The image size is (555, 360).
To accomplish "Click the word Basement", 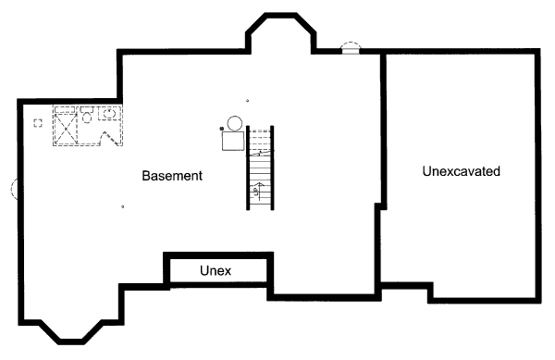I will click(x=172, y=175).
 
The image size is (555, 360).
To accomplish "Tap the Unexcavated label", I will click(x=461, y=171).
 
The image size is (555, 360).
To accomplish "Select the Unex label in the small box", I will click(x=215, y=270).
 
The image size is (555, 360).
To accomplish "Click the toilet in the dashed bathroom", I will click(x=86, y=115).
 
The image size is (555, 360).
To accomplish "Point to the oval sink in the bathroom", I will click(x=109, y=114).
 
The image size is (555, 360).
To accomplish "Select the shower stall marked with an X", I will click(x=67, y=126).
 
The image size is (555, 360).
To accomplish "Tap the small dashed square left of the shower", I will click(x=38, y=123).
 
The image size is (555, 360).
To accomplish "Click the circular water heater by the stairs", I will click(x=234, y=122).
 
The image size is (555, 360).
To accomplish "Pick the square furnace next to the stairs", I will click(x=232, y=141).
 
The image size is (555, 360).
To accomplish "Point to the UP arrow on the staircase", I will click(x=260, y=191).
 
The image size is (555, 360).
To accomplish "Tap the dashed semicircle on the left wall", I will click(x=14, y=189).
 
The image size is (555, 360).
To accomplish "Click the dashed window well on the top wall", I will click(x=351, y=46).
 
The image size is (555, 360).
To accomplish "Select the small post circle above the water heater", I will click(x=247, y=101).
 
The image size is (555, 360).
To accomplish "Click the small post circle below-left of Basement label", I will click(x=123, y=206).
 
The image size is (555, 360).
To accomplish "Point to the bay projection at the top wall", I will click(x=279, y=33).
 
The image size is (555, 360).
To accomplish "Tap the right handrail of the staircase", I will click(x=274, y=167).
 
